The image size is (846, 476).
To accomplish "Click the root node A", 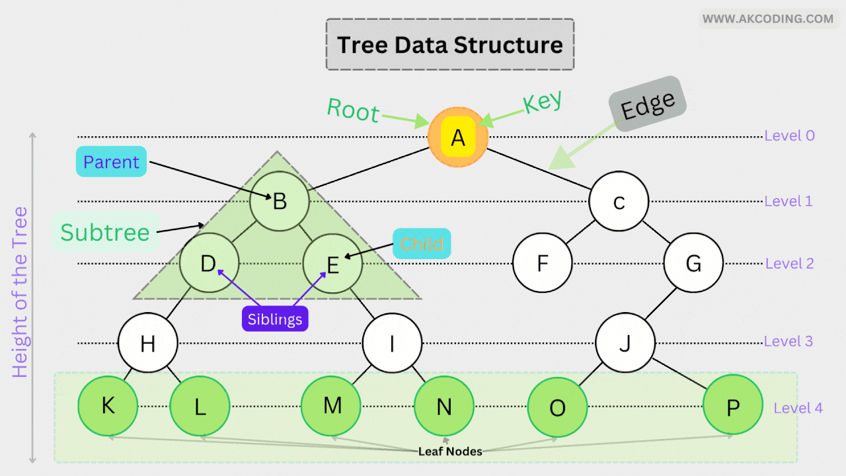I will [458, 137].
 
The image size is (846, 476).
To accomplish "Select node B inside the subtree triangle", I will [280, 201].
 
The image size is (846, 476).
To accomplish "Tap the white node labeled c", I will [619, 201].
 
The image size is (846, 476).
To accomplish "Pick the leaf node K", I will [108, 405].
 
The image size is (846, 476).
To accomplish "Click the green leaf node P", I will [732, 406].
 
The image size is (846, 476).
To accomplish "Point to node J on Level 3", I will [625, 342].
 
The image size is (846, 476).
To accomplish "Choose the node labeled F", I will [543, 264].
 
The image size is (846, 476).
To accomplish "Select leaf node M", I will [332, 405].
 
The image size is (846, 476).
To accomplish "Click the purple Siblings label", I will [275, 319].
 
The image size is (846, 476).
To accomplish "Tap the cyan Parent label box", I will [111, 162].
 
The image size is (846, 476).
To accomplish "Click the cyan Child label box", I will [422, 244].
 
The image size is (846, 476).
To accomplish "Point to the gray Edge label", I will [648, 104].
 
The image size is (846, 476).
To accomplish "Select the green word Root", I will [353, 110].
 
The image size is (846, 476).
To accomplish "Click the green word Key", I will [542, 102].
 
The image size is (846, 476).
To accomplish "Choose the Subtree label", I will [105, 232].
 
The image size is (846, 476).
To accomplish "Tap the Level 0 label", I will [789, 136].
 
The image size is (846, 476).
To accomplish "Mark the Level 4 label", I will [798, 408].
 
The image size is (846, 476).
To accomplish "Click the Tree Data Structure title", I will [450, 45].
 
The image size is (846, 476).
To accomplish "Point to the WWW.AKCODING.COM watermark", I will [767, 19].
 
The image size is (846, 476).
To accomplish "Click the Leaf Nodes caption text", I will [450, 452].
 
